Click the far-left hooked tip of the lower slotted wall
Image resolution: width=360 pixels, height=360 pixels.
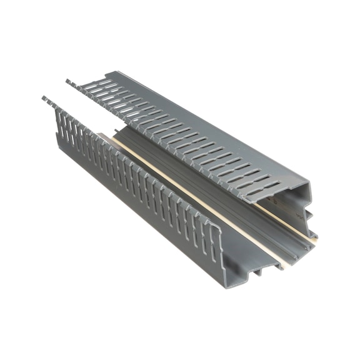tap(44, 98)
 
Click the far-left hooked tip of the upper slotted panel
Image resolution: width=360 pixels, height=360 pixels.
tap(67, 81)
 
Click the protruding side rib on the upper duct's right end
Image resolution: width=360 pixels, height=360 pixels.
tap(311, 216)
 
